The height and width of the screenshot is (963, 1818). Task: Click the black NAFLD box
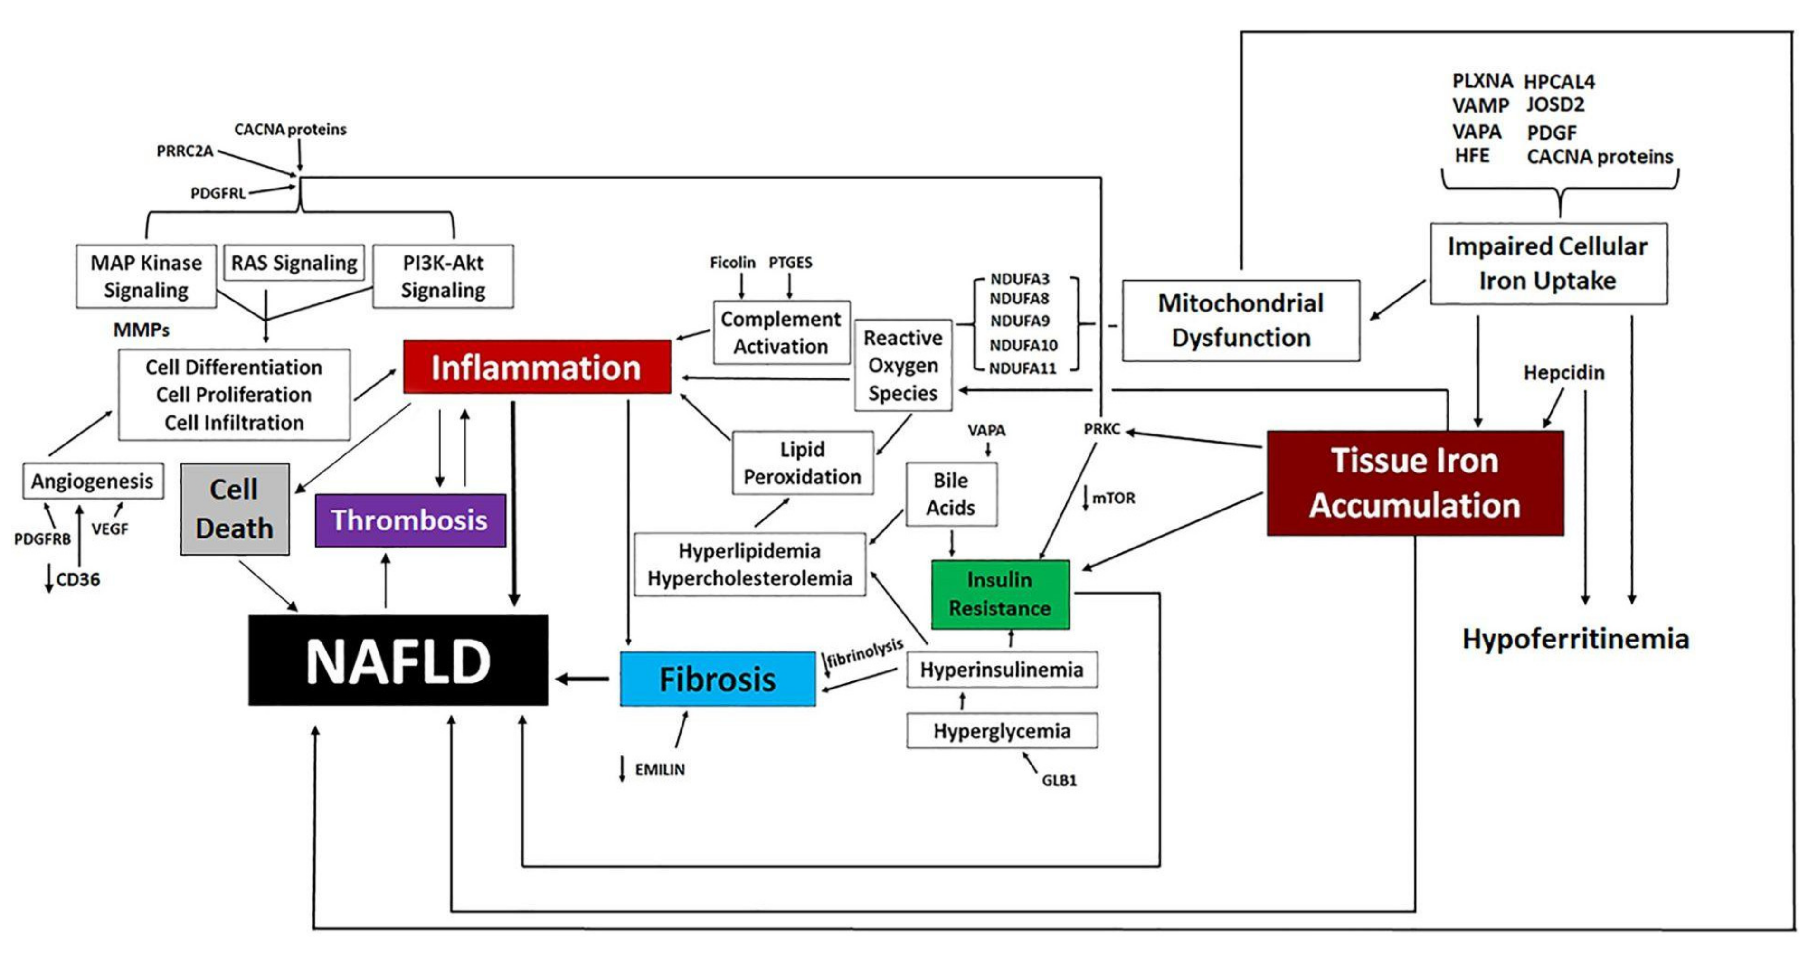[x=398, y=661]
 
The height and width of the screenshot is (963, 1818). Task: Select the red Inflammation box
[x=536, y=367]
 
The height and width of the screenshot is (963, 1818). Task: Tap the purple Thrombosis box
[x=410, y=520]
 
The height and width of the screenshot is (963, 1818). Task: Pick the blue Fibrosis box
[x=717, y=679]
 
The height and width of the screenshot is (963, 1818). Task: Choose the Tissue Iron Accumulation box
[x=1414, y=483]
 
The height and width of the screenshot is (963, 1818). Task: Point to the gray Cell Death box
[x=234, y=509]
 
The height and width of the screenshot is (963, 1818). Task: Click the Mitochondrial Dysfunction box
[x=1240, y=321]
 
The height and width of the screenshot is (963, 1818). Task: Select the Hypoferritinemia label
[x=1575, y=639]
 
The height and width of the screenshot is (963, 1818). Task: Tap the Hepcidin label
[x=1563, y=372]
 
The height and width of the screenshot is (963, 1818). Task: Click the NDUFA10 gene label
[x=1023, y=345]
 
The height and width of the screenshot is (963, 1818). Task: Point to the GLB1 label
[x=1059, y=780]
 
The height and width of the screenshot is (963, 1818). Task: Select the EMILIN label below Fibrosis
[x=659, y=770]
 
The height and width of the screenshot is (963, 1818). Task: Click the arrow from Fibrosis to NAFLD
[x=582, y=680]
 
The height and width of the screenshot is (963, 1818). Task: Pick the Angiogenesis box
[x=93, y=481]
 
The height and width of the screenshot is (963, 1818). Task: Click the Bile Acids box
[x=951, y=494]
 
